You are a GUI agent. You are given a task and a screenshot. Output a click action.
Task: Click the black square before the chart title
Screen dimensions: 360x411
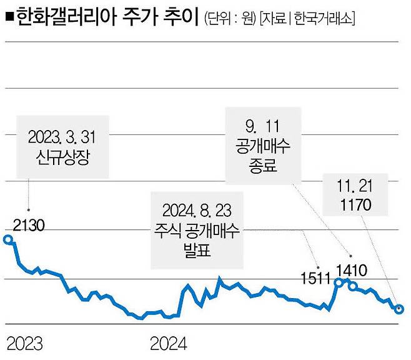click(7, 17)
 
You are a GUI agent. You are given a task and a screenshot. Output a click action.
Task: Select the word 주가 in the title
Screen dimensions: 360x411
click(127, 17)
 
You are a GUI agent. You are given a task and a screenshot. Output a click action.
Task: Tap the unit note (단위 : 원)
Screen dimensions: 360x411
click(230, 19)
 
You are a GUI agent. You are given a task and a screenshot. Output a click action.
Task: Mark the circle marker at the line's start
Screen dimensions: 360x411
click(7, 239)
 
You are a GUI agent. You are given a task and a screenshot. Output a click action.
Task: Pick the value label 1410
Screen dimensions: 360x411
click(352, 270)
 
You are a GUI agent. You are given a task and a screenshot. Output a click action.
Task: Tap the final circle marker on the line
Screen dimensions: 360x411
click(399, 309)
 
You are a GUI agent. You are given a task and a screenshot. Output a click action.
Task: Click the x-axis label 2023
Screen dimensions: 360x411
click(24, 343)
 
